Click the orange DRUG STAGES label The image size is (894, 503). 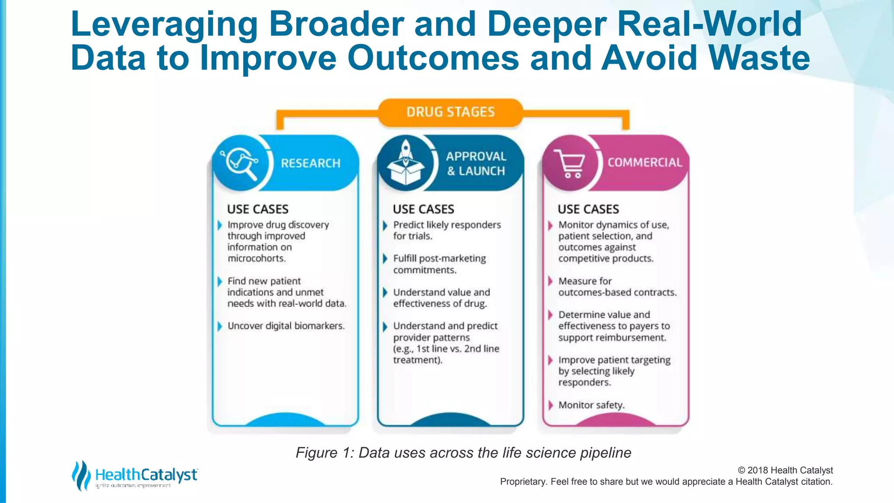point(450,112)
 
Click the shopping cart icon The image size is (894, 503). point(570,163)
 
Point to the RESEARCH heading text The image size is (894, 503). point(310,163)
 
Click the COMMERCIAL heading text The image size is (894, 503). point(644,162)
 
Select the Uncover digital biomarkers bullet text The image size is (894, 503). point(286,326)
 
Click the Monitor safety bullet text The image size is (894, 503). point(591,405)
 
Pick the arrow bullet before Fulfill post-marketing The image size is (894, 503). point(385,258)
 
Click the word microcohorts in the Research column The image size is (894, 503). point(257,258)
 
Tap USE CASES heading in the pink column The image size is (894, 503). point(588,209)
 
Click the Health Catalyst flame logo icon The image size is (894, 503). point(81,475)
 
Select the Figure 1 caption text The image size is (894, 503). point(463,453)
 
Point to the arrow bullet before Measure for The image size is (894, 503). point(550,281)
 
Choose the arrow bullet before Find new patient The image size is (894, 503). point(220,281)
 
